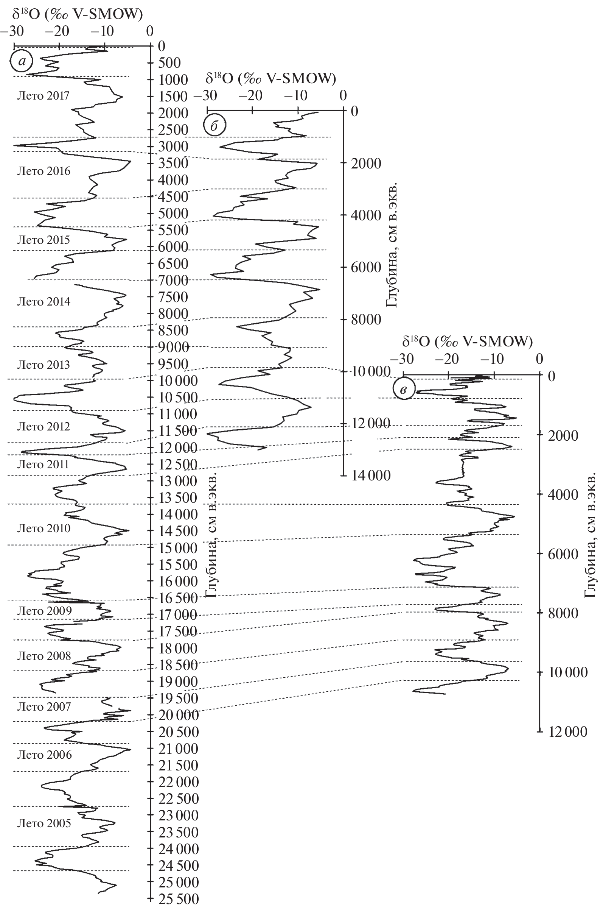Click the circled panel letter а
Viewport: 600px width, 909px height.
coord(22,61)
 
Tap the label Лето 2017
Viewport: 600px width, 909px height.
coord(44,95)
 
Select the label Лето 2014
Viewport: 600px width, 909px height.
coord(44,301)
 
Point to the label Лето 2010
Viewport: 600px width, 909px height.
coord(44,528)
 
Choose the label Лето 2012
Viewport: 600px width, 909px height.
coord(44,426)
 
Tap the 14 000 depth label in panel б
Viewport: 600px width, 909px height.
coord(370,475)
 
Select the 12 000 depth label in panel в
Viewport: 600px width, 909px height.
coord(568,732)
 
